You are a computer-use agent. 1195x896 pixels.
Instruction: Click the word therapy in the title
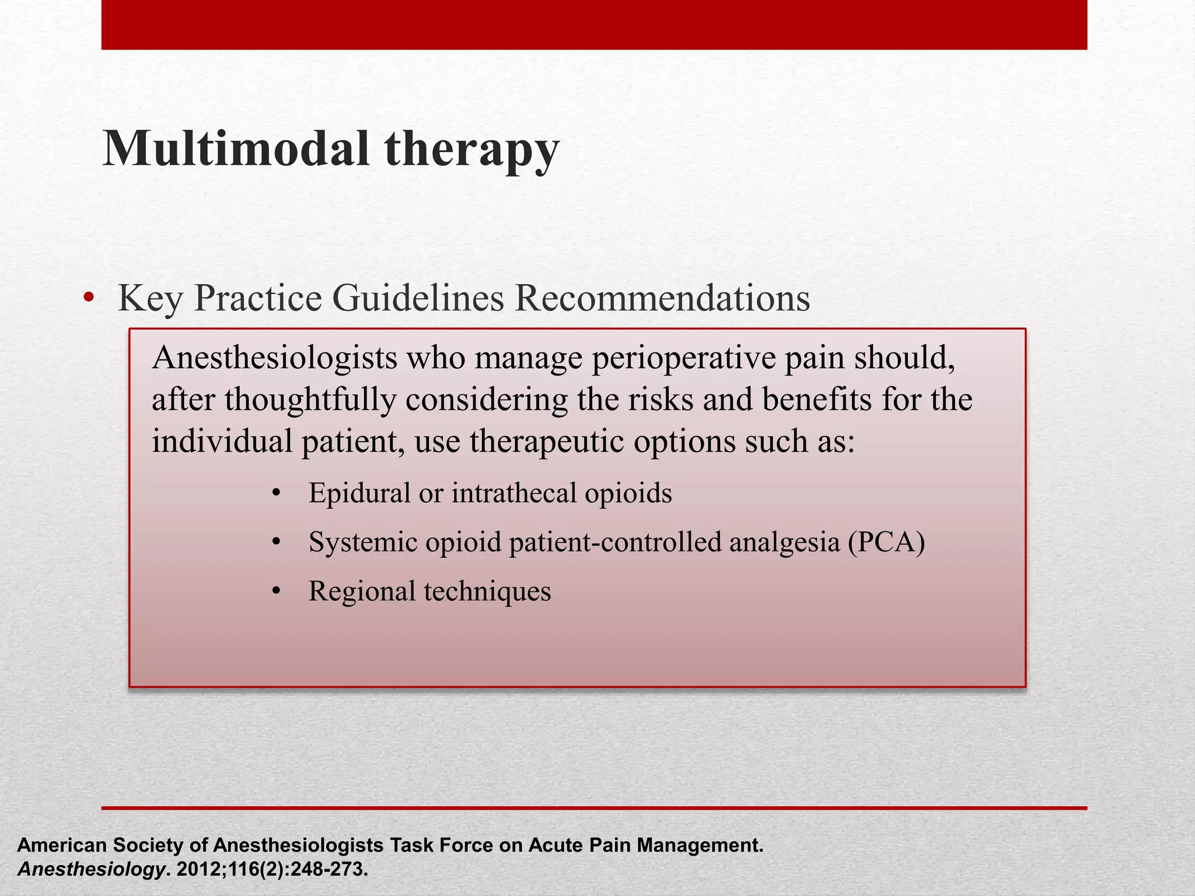[471, 150]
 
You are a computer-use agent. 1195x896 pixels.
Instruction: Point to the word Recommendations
[662, 299]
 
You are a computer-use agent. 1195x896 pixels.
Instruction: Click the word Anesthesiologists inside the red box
[274, 358]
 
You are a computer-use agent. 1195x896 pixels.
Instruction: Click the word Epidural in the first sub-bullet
[359, 493]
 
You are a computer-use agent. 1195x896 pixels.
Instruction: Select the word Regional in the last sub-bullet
[361, 591]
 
